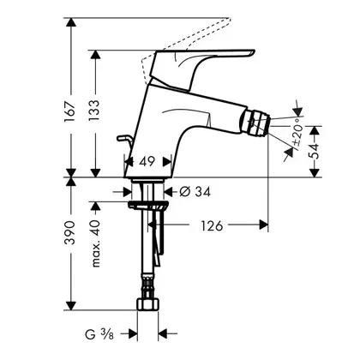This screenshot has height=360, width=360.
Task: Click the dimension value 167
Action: (70, 111)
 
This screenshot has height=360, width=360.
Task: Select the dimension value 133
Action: (95, 111)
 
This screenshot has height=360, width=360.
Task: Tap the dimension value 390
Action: (70, 233)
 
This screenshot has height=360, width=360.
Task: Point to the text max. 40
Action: (96, 243)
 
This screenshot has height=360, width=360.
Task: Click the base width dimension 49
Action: (147, 162)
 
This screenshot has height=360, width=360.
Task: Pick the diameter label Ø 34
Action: (195, 192)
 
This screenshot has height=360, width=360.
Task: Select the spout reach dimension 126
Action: (212, 226)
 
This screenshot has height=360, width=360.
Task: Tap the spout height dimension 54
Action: (315, 151)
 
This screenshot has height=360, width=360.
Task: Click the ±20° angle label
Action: (297, 134)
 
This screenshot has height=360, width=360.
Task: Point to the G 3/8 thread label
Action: (99, 334)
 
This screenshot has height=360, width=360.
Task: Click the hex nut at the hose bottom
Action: (147, 304)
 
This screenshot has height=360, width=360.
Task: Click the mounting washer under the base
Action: (147, 205)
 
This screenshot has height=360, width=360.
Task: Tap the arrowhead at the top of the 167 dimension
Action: (71, 22)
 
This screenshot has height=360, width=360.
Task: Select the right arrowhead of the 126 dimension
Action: (263, 225)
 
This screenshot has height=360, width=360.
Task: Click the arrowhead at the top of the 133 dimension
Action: (95, 55)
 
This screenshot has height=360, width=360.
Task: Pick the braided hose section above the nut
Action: (147, 286)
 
